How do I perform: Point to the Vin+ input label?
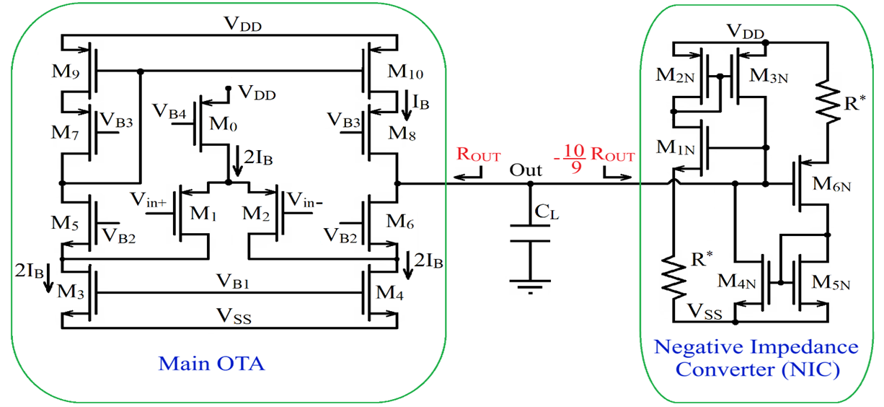tap(149, 201)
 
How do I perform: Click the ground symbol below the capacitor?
tap(530, 285)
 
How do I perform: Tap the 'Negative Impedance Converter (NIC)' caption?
tap(756, 358)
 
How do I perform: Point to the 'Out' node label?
tap(526, 171)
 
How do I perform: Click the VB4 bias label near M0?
tap(168, 111)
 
